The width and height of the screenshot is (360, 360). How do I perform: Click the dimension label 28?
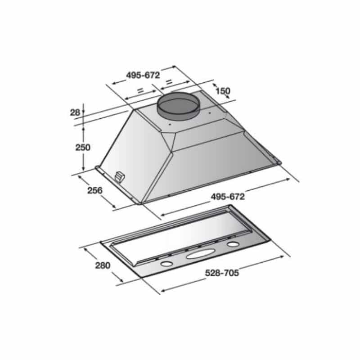(75, 112)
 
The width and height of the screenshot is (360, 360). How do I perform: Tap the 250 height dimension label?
(83, 148)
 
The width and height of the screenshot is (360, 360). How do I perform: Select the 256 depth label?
(95, 190)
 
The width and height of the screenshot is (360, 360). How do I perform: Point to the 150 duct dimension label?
(223, 91)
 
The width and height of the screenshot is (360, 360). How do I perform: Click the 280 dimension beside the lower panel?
(103, 265)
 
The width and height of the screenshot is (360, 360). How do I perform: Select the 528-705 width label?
(222, 273)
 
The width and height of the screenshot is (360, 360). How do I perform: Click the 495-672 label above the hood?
(143, 75)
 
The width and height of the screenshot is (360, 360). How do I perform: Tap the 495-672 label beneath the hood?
(228, 197)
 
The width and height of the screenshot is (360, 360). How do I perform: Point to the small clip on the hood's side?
(119, 177)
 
